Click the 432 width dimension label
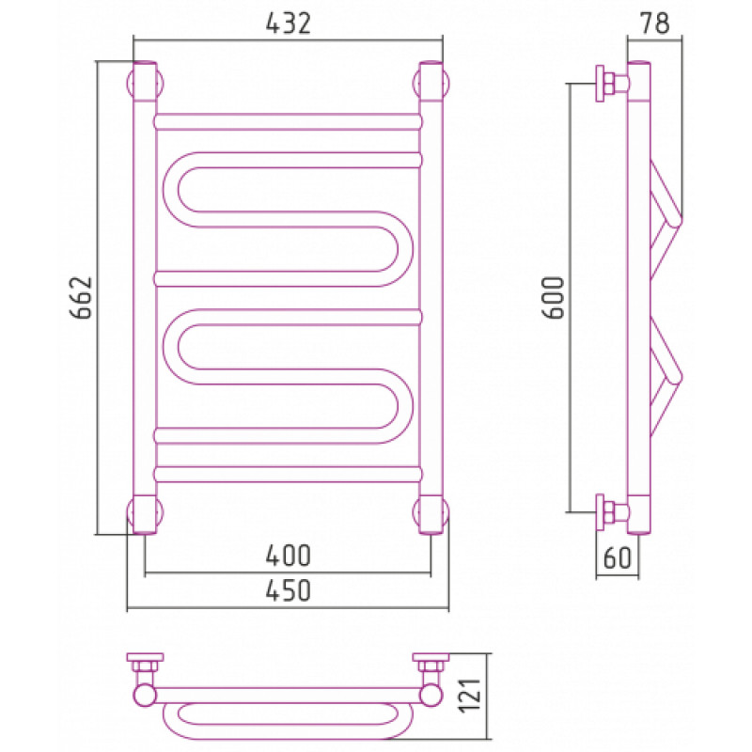[x=289, y=23]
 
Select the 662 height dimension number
[x=81, y=297]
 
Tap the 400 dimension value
[x=289, y=556]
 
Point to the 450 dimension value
[x=289, y=590]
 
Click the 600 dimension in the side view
[x=554, y=297]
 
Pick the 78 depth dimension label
[x=654, y=23]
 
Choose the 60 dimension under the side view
[x=618, y=557]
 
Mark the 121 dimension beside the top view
[x=470, y=696]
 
